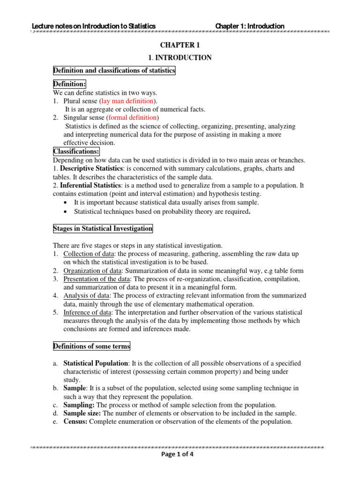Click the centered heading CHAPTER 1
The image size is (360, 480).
point(180,45)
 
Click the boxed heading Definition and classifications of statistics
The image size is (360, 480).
point(114,71)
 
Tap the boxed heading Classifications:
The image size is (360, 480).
point(76,151)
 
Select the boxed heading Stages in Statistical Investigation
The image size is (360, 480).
point(103,229)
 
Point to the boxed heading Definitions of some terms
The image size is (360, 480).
point(91,346)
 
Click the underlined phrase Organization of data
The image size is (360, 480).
point(90,270)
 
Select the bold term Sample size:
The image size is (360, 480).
point(82,413)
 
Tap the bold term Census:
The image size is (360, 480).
point(75,421)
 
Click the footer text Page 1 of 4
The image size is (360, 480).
point(180,453)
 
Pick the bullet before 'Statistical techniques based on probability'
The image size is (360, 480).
point(64,212)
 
